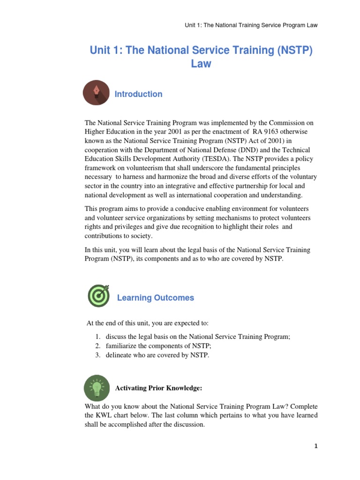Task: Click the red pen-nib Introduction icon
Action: point(97,93)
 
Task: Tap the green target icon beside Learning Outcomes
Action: point(99,296)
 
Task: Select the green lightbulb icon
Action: point(97,388)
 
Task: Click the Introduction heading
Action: point(138,94)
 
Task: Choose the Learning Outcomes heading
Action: point(155,298)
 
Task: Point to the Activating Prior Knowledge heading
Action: point(158,388)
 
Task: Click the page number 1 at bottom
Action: point(316,446)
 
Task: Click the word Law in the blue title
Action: point(201,64)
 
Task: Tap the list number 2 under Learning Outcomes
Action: point(97,346)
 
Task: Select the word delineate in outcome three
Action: point(119,355)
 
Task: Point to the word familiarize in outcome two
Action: point(121,346)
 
